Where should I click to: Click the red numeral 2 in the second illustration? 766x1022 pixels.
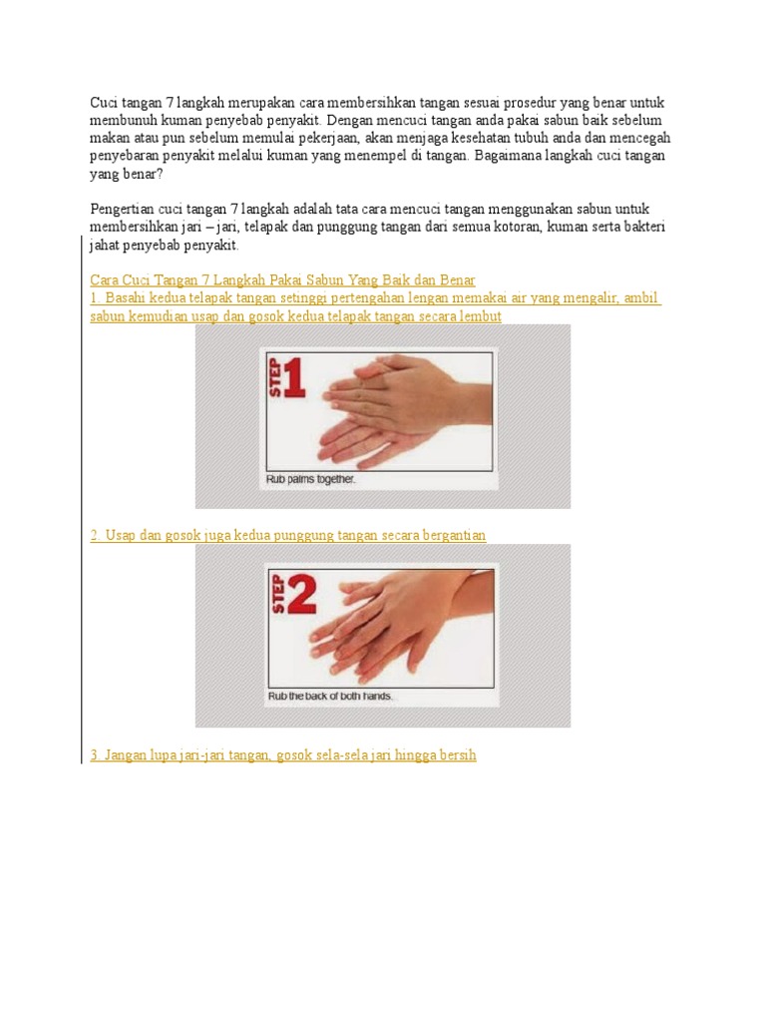click(301, 595)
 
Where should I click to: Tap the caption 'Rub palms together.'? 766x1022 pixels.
click(311, 479)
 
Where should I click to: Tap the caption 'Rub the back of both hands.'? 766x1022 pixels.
click(330, 696)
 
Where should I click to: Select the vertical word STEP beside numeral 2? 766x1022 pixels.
click(278, 595)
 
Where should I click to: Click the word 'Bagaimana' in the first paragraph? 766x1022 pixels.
click(508, 156)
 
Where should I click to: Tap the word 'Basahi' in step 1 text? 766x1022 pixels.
click(125, 297)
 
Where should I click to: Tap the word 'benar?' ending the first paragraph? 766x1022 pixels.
click(143, 174)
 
